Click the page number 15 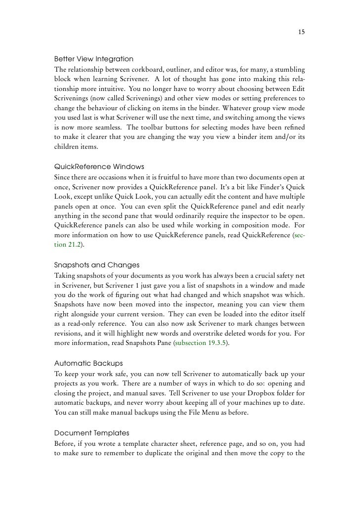[x=301, y=33]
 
